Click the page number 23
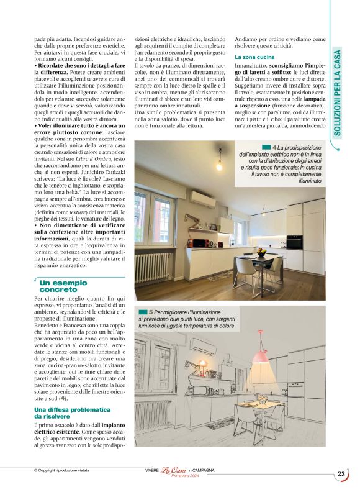341,474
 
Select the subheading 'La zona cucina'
254,57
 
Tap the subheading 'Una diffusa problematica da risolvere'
72,413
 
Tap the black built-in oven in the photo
295,242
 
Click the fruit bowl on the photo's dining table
263,253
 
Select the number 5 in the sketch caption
150,311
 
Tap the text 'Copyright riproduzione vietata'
66,470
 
